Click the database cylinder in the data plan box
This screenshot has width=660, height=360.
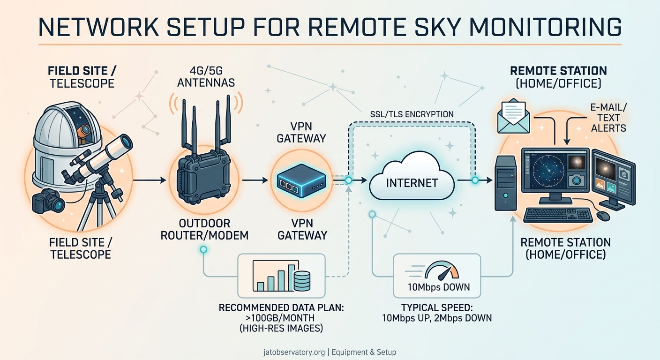tap(302, 280)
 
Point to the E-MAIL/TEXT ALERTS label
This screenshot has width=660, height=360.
tap(609, 117)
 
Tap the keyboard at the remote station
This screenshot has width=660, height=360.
tap(558, 215)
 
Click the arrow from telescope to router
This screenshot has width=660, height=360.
tap(150, 180)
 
